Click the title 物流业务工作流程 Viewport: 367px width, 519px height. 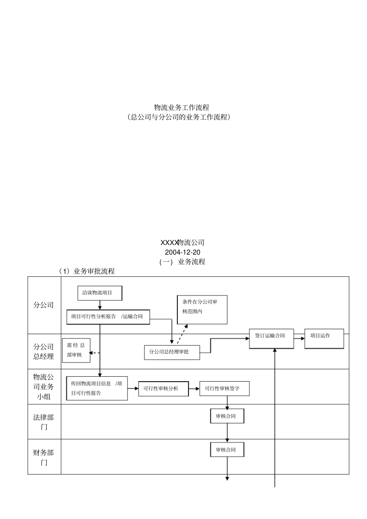pos(182,107)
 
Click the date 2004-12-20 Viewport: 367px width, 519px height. pos(182,252)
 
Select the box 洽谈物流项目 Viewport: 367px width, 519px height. pos(100,293)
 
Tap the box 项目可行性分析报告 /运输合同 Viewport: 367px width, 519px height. pos(108,317)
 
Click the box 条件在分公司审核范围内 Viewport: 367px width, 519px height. pos(202,309)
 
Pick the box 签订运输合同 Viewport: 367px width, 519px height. pos(271,338)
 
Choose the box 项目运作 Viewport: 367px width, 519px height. pos(324,338)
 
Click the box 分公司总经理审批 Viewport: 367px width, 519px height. pos(172,352)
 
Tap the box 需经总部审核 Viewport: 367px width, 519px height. pos(76,350)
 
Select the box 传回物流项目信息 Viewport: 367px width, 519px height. pos(97,388)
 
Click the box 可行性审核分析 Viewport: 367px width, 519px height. pos(163,389)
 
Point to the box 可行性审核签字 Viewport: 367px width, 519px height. pos(224,389)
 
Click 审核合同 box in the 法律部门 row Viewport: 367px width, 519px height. pos(227,416)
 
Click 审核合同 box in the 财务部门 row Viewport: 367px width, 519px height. pos(227,450)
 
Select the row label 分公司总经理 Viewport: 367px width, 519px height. pos(44,352)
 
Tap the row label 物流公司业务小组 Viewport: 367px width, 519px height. pos(44,387)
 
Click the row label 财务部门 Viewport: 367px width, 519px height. pos(44,457)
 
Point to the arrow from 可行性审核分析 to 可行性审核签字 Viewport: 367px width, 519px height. pos(194,389)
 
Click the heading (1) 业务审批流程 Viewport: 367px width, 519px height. pos(87,271)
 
